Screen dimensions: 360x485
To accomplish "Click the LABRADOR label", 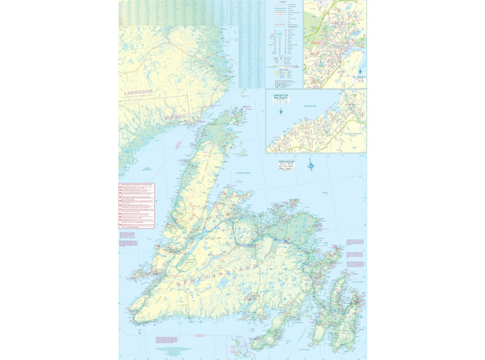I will click(x=140, y=93).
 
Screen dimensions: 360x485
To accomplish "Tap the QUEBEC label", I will click(x=176, y=118).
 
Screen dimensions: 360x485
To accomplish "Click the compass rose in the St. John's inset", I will click(x=360, y=70).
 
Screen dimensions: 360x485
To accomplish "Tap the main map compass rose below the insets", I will click(x=311, y=165).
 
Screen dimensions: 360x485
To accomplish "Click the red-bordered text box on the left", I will click(x=136, y=206).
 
